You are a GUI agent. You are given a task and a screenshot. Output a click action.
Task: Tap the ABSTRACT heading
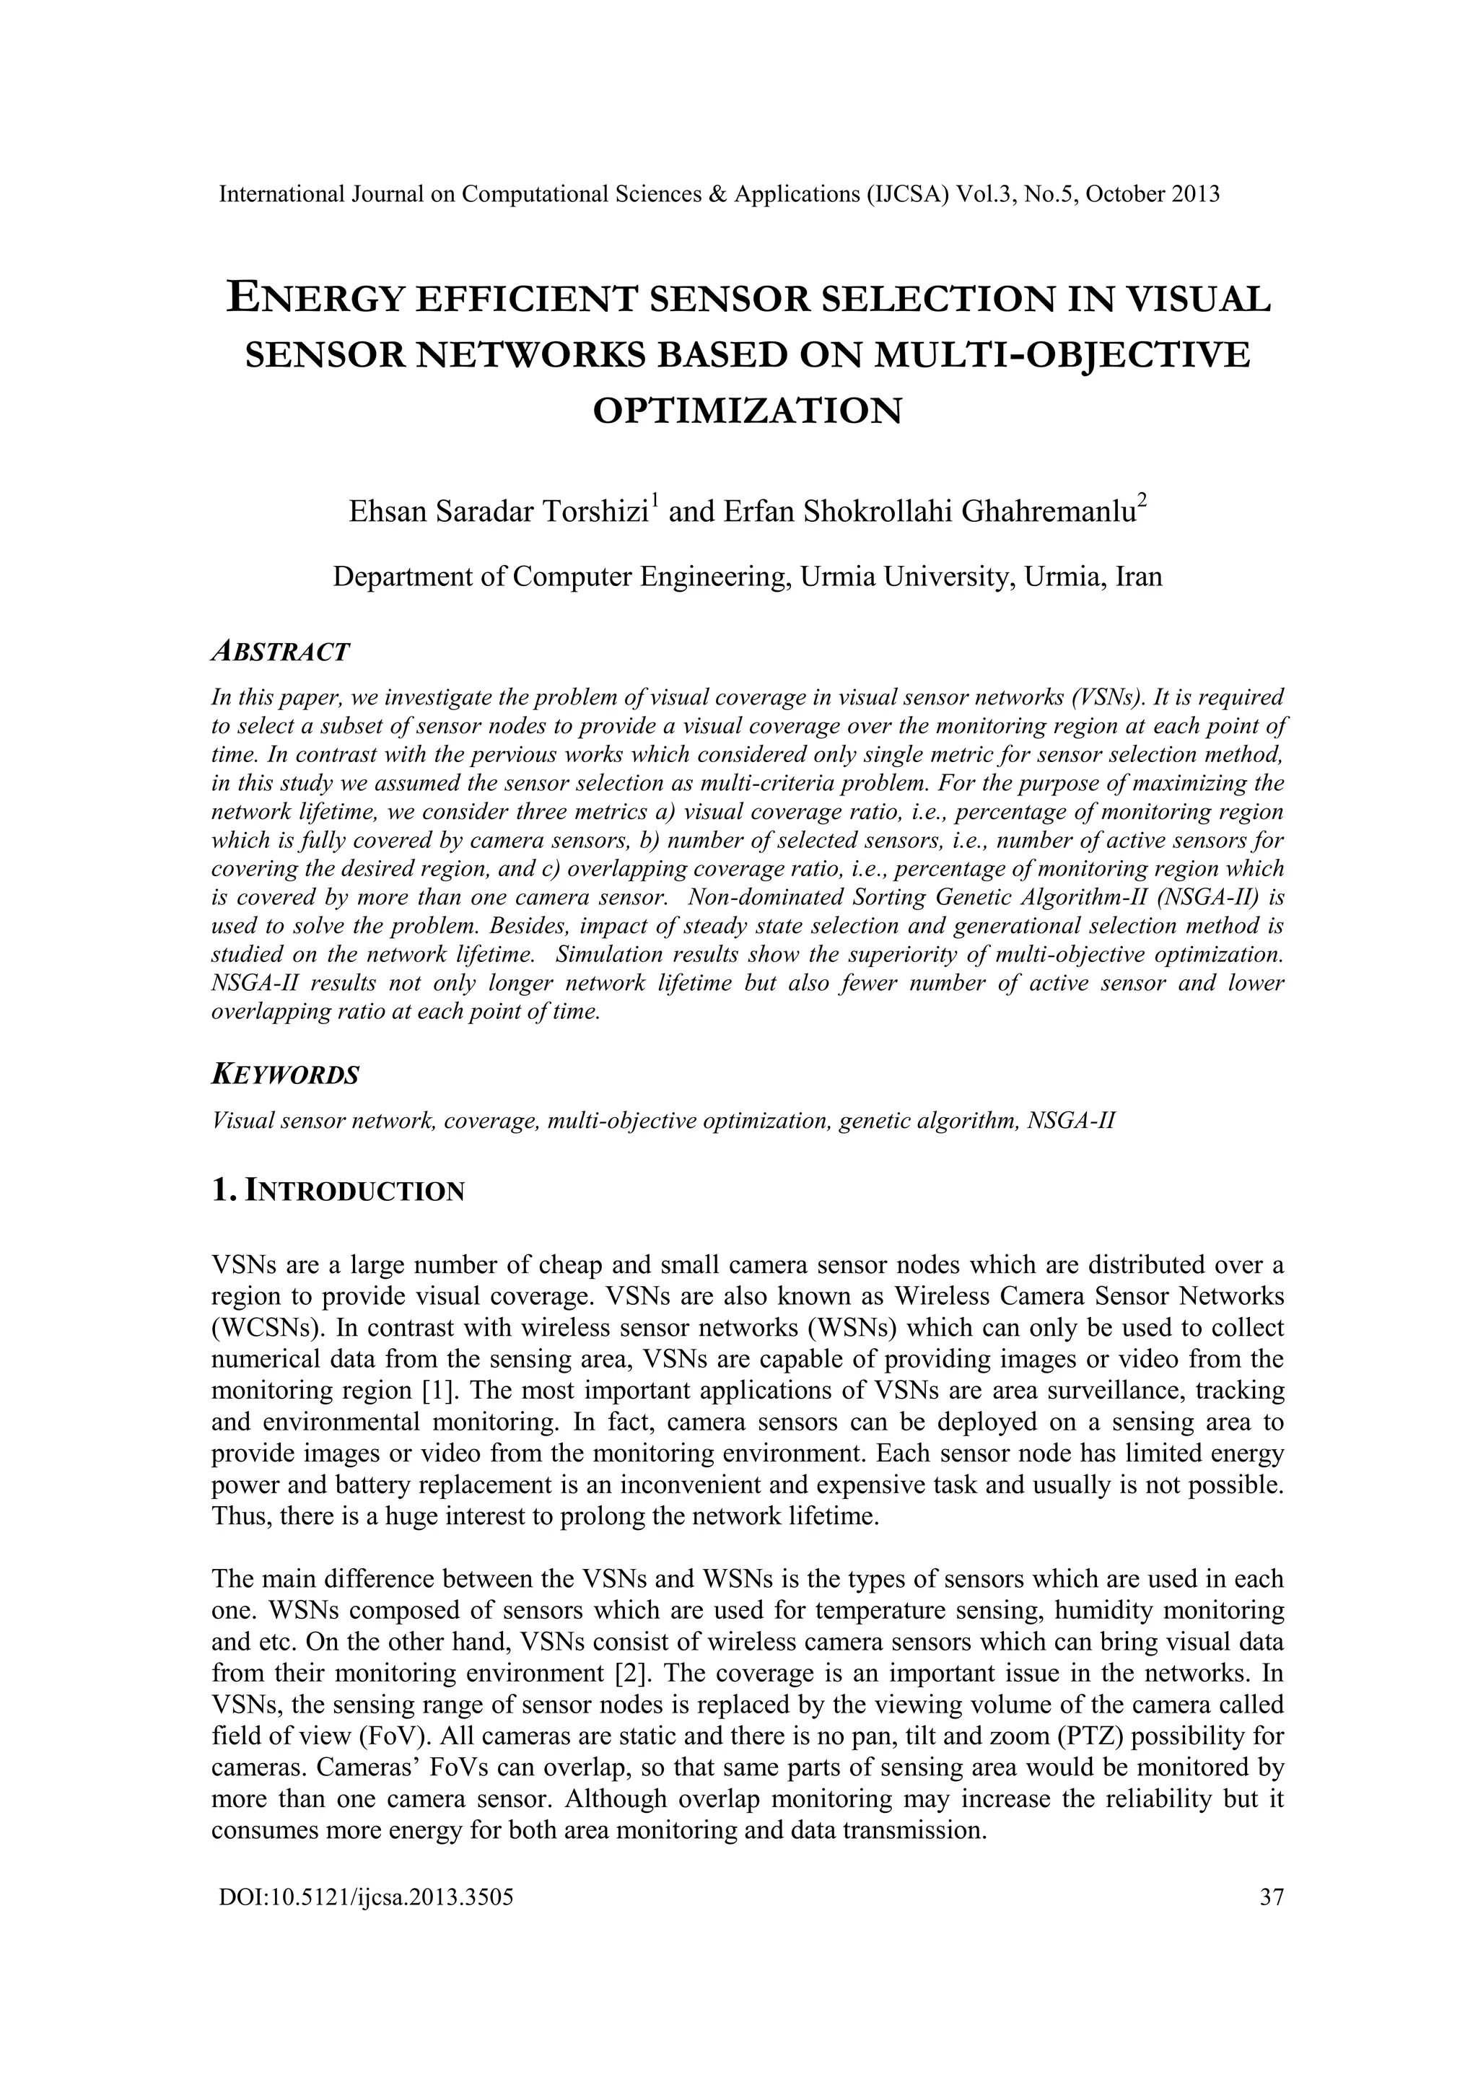[280, 652]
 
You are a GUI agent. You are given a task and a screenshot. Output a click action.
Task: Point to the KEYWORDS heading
[285, 1075]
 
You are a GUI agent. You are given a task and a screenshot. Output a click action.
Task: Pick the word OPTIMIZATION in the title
[747, 411]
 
